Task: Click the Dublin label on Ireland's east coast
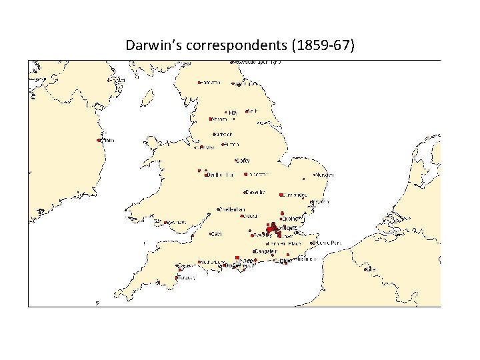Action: [107, 141]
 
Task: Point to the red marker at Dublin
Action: [99, 141]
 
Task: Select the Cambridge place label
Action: [294, 195]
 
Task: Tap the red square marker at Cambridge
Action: [280, 195]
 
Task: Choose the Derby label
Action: [243, 161]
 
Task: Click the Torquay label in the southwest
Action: [187, 277]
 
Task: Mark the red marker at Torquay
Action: [176, 277]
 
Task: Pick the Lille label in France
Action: [371, 269]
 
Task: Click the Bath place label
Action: [217, 234]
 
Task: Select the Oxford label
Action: [251, 216]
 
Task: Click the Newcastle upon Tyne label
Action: [257, 62]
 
